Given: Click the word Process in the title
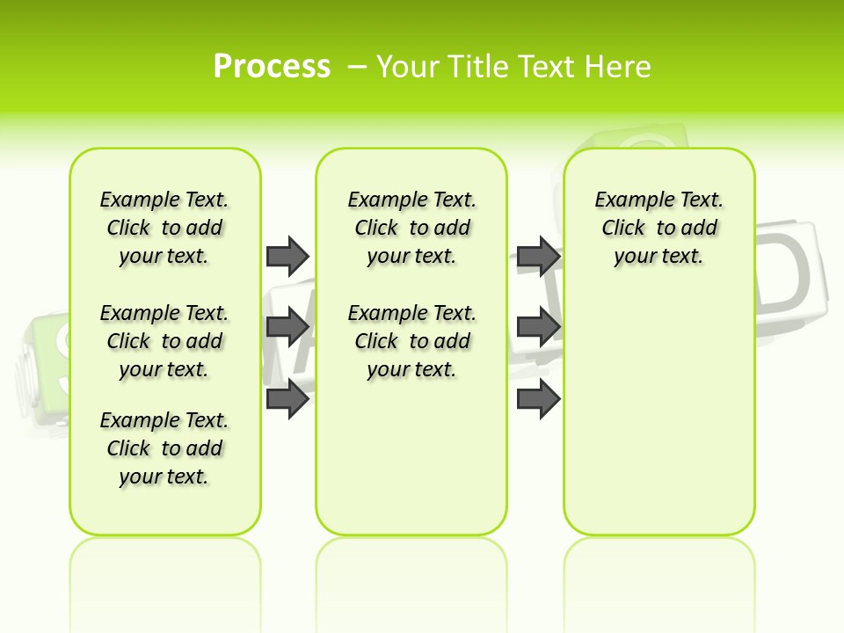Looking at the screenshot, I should coord(272,66).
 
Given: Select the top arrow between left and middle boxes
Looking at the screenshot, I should coord(287,256).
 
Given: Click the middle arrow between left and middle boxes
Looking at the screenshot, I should coord(287,328).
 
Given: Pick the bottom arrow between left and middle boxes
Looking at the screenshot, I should coord(287,400).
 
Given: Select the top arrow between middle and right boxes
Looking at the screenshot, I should coord(538,256).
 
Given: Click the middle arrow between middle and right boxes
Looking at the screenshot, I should coord(538,328).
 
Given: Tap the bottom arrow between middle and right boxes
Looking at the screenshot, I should coord(538,400).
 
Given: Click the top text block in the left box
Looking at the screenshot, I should coord(164,228).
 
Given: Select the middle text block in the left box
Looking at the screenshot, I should coord(164,341).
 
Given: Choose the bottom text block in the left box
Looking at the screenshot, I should coord(164,448).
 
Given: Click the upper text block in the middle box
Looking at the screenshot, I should coord(411,228).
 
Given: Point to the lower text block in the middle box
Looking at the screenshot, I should coord(411,341).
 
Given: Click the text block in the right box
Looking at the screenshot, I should coord(658,228).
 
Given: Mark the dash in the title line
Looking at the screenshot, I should coord(357,67).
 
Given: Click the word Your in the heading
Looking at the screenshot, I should coord(408,67).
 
